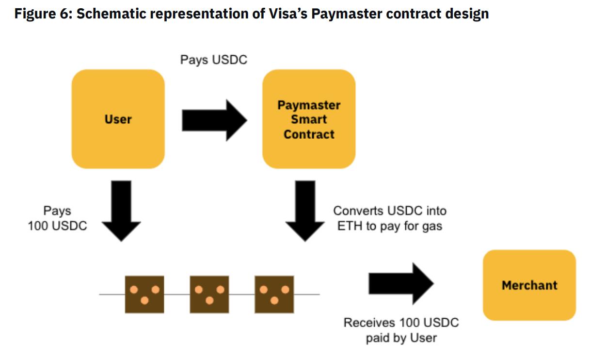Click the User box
(118, 119)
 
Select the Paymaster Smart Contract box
(309, 119)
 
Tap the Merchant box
(529, 285)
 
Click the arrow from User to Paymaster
(214, 120)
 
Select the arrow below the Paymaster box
(305, 210)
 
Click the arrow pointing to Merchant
(400, 284)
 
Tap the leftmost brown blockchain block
(144, 294)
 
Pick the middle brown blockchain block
(209, 294)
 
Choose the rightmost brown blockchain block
(274, 294)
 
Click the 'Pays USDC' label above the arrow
(213, 60)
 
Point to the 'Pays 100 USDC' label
(57, 218)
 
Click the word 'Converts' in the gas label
(357, 211)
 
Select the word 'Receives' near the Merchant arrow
(369, 323)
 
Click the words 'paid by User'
(401, 338)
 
